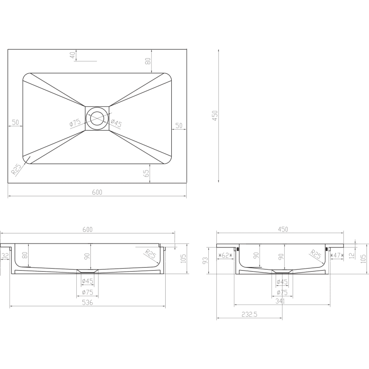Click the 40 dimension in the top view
coord(73,55)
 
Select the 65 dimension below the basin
coord(146,173)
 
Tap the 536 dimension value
coord(87,302)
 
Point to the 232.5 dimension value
coord(250,314)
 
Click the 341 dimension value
coord(280,301)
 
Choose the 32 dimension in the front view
coord(5,256)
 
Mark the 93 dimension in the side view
coord(205,260)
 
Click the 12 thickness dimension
coord(351,256)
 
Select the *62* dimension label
coord(225,256)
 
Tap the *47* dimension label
coord(337,256)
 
